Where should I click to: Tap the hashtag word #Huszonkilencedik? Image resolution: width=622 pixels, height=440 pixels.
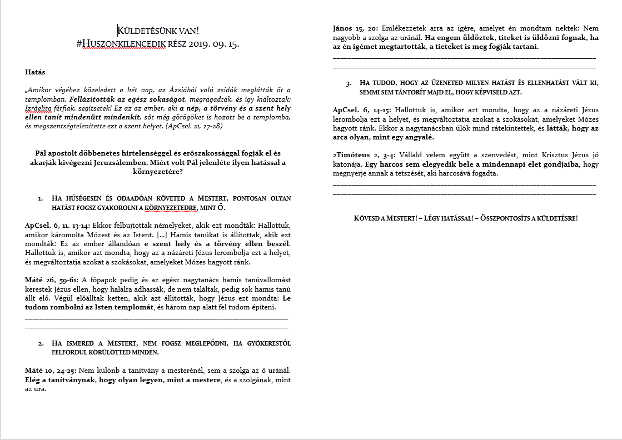131,44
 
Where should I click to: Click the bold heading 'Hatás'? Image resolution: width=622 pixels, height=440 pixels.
35,72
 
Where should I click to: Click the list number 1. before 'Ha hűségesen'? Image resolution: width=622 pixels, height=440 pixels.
41,198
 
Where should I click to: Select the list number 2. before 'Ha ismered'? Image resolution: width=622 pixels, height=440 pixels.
41,343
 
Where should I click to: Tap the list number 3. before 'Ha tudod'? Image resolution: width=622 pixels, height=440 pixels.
349,83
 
